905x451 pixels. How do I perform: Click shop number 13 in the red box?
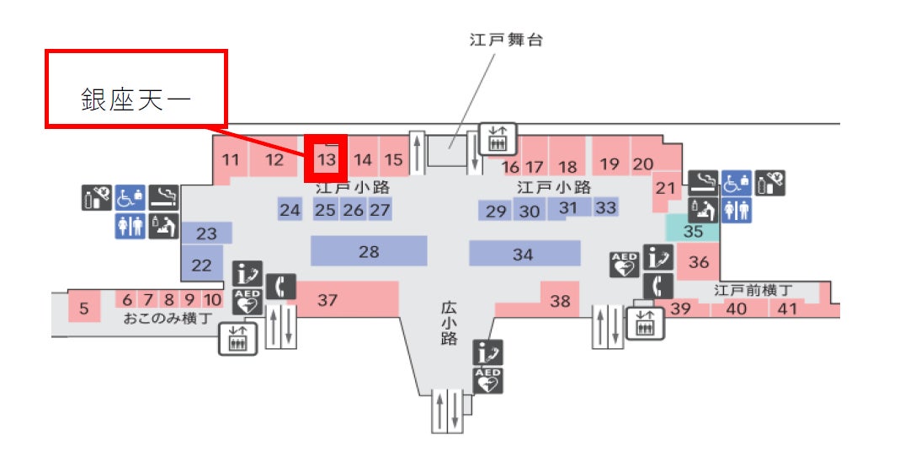(327, 158)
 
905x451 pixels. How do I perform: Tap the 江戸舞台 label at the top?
(506, 40)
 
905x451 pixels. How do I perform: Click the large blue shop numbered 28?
(369, 250)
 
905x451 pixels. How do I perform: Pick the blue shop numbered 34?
(524, 253)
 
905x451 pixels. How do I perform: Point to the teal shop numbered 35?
(693, 229)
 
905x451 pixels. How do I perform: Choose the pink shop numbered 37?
(327, 299)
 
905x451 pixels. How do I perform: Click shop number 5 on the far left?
(84, 308)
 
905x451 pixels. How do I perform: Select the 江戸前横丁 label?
(753, 290)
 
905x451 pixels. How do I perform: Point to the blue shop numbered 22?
(202, 264)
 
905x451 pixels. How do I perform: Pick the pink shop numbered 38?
(560, 300)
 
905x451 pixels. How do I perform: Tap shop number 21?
(666, 188)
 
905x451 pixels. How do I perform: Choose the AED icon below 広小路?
(488, 381)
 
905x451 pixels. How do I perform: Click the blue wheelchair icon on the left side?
(130, 197)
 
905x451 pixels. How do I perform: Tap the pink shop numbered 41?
(786, 309)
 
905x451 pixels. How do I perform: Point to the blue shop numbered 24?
(290, 210)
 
